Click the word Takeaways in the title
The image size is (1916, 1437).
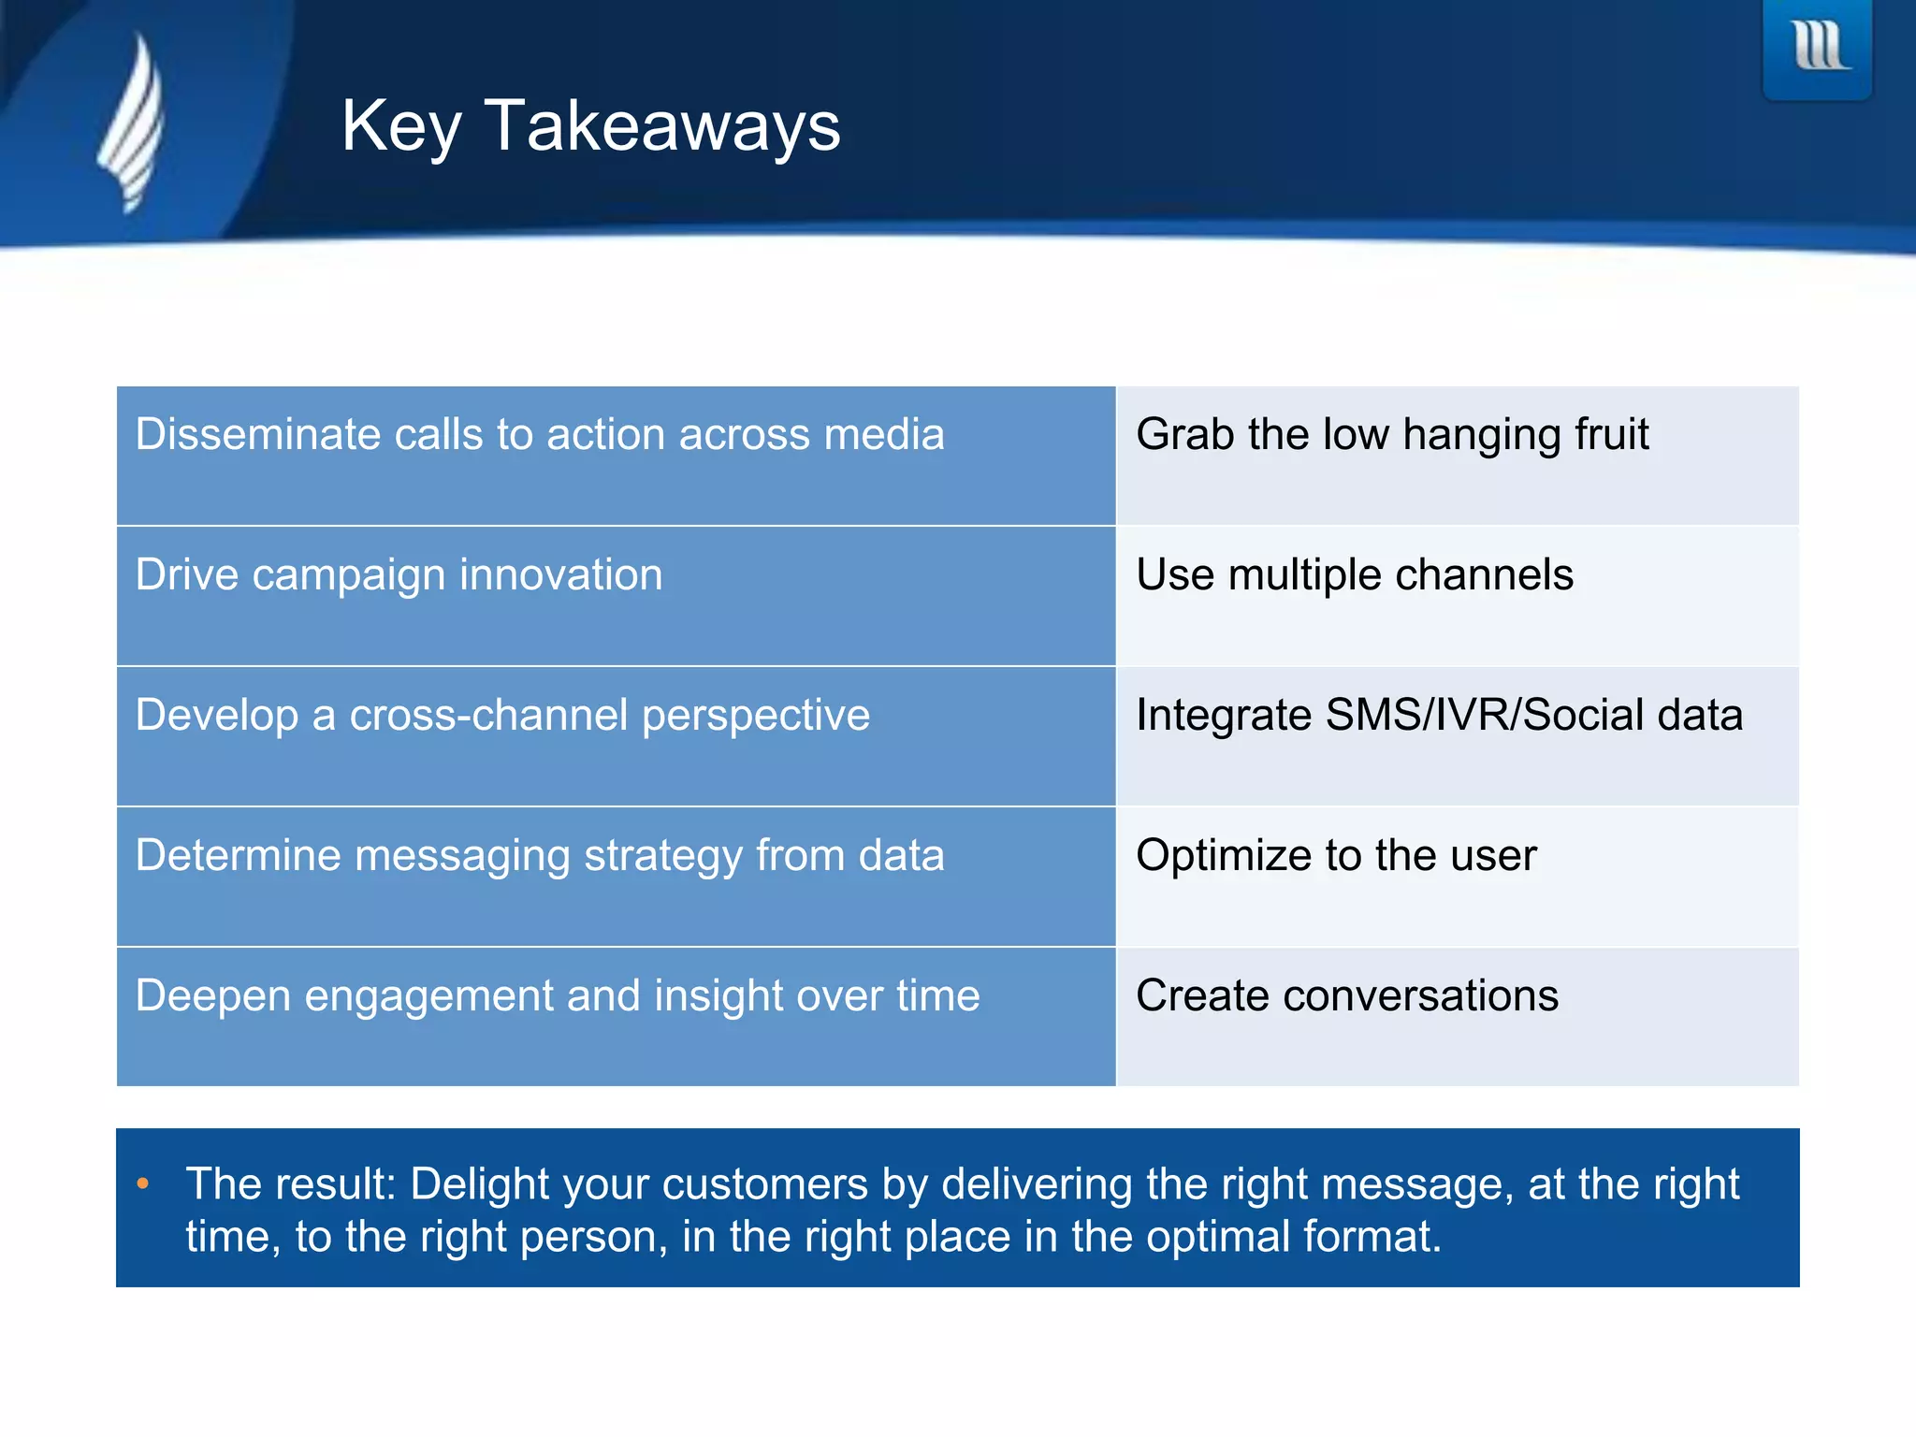point(661,126)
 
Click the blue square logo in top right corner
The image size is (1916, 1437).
point(1817,49)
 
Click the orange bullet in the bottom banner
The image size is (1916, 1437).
point(143,1184)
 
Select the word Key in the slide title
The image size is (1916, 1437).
point(401,126)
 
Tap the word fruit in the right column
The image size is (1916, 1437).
point(1611,435)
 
